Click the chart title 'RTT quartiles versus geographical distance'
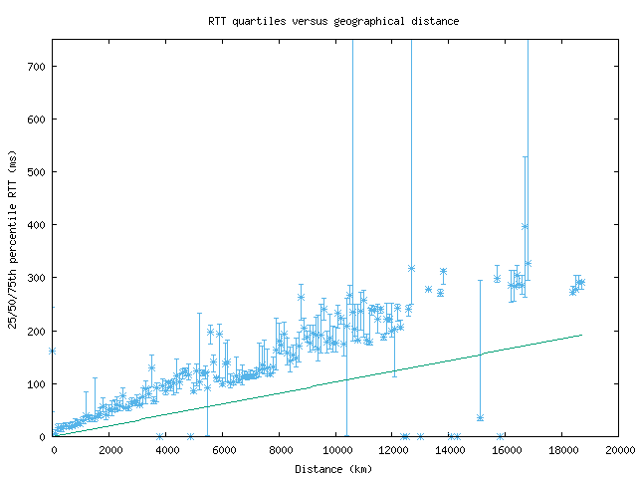(333, 20)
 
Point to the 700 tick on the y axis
(38, 67)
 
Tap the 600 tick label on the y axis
(38, 119)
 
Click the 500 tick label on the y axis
(38, 172)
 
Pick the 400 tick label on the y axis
(38, 225)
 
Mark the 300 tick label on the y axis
(38, 278)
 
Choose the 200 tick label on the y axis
(38, 331)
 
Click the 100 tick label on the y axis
(38, 383)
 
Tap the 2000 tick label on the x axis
(109, 450)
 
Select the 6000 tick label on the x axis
(223, 450)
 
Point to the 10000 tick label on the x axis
(335, 450)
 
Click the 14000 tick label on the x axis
(449, 450)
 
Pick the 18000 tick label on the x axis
(562, 450)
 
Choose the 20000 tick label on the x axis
(619, 450)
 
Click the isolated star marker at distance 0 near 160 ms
(53, 351)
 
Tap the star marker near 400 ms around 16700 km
(525, 226)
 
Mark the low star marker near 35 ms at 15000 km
(480, 418)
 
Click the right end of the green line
(581, 335)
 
